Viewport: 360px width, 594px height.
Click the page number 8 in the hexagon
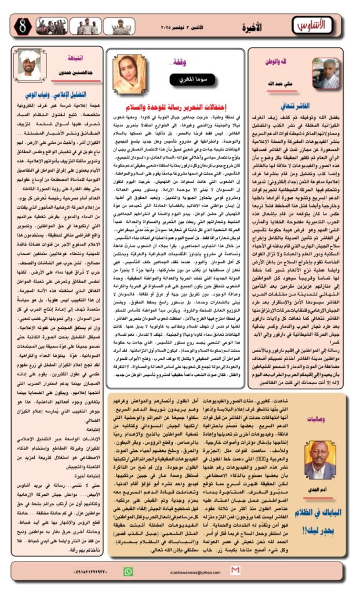pyautogui.click(x=22, y=26)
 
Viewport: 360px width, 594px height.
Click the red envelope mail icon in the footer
pyautogui.click(x=235, y=571)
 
